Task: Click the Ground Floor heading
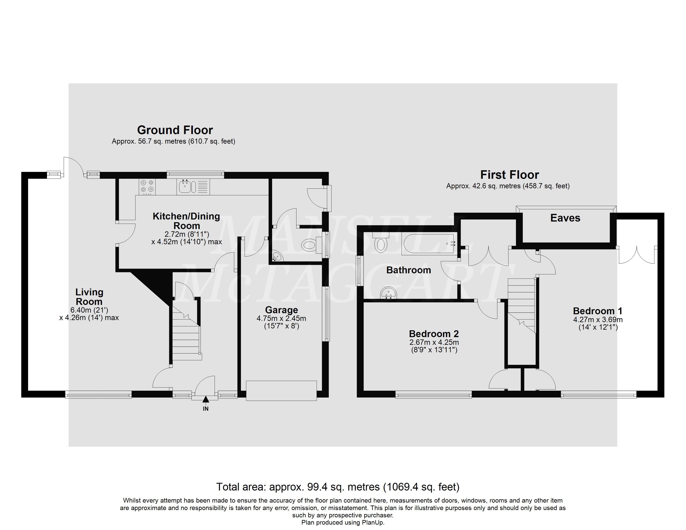pos(175,130)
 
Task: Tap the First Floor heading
pos(510,175)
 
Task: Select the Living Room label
pos(89,297)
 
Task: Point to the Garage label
pos(281,310)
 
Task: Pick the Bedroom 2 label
pos(434,334)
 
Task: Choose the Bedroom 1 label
pos(598,311)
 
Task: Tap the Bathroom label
pos(408,270)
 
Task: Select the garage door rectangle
pos(281,391)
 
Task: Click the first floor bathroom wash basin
pos(389,293)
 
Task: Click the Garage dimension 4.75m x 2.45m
pos(281,318)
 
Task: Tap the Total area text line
pos(338,487)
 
